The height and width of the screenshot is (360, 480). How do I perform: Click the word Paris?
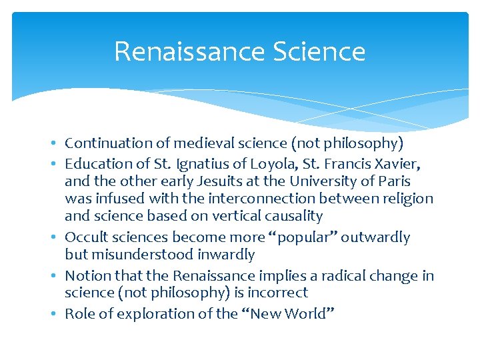tap(393, 181)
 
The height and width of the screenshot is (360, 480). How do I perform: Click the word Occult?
tap(84, 237)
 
